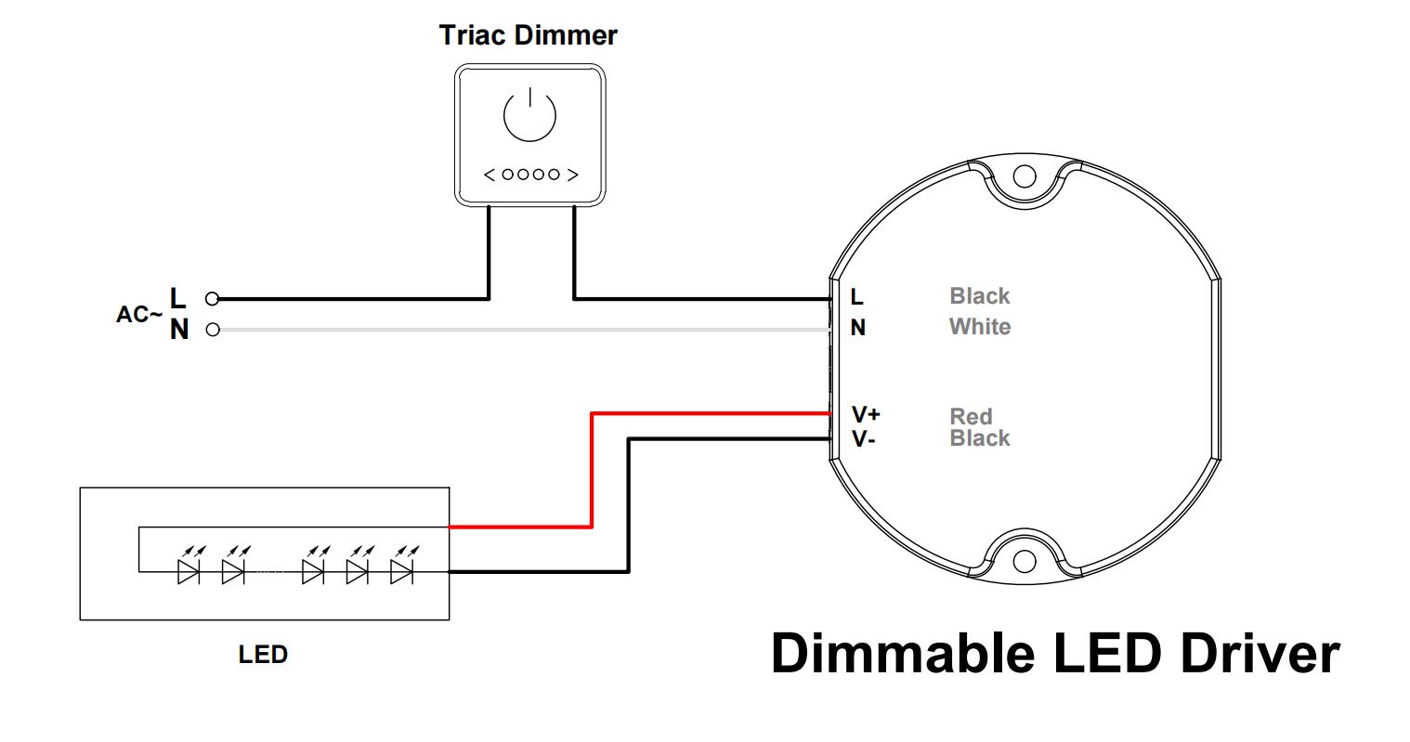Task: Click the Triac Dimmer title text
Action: (528, 35)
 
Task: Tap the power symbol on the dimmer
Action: (529, 114)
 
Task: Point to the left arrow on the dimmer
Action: (490, 175)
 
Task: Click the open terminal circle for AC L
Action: (213, 299)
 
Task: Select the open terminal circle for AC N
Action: (213, 330)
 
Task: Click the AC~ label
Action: (138, 315)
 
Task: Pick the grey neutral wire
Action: (520, 330)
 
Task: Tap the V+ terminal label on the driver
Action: (866, 414)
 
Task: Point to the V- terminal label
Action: (864, 439)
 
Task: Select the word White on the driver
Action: (979, 327)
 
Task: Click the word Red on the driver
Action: (971, 416)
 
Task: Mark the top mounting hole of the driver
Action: (1024, 176)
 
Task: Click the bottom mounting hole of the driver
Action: (1024, 561)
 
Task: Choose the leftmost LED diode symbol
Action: (189, 571)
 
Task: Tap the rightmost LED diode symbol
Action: (401, 571)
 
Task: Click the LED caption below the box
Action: (263, 655)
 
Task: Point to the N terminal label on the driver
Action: (858, 328)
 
